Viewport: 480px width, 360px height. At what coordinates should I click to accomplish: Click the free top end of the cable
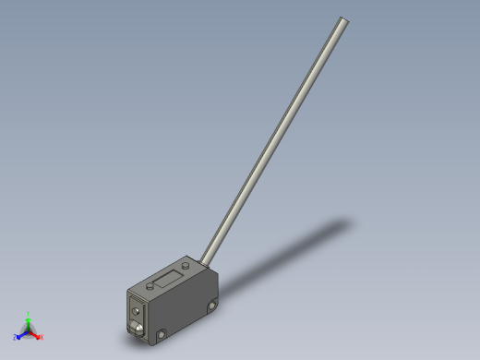[x=344, y=20]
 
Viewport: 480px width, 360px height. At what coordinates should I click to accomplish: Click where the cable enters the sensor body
[x=206, y=260]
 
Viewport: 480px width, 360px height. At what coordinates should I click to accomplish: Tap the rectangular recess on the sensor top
[x=167, y=276]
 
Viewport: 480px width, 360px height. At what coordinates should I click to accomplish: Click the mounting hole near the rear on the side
[x=212, y=306]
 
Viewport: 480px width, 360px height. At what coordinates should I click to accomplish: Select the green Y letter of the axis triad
[x=29, y=314]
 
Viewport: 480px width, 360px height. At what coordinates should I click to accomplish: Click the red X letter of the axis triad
[x=41, y=337]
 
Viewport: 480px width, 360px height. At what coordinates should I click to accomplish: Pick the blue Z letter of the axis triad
[x=16, y=338]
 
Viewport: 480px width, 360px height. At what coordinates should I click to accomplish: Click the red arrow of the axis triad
[x=35, y=334]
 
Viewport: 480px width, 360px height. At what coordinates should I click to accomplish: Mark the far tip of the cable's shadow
[x=348, y=222]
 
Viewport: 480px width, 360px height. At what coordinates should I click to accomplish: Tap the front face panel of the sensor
[x=138, y=313]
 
